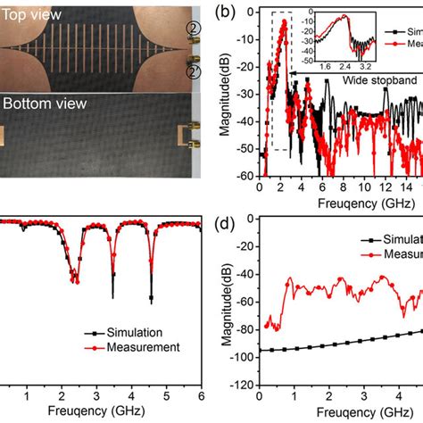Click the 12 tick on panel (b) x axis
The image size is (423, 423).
(x=384, y=188)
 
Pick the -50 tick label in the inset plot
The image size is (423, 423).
(x=303, y=56)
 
